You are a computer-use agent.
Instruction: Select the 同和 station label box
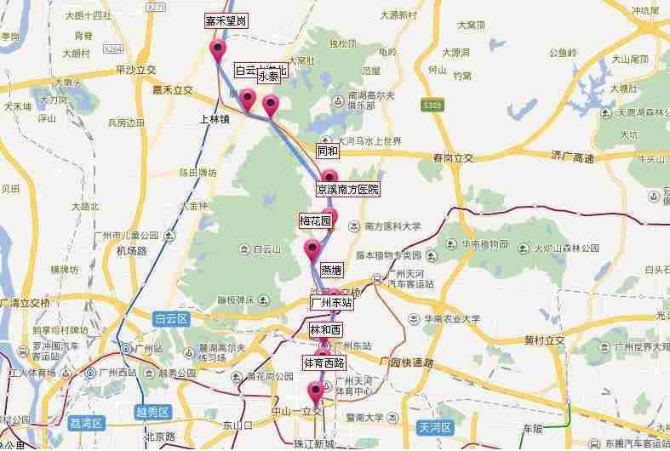327,151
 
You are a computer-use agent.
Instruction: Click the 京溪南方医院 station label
348,189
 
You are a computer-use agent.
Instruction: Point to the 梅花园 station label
314,220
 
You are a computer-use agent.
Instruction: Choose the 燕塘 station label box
331,271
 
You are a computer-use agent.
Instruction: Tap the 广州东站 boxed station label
331,302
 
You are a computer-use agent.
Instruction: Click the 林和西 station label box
325,329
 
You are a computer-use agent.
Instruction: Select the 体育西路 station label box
324,363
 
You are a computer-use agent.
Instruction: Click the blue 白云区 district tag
169,318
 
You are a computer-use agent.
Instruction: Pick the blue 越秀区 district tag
152,413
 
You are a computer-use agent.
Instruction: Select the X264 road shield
113,50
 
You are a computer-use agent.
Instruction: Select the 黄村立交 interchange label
545,341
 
